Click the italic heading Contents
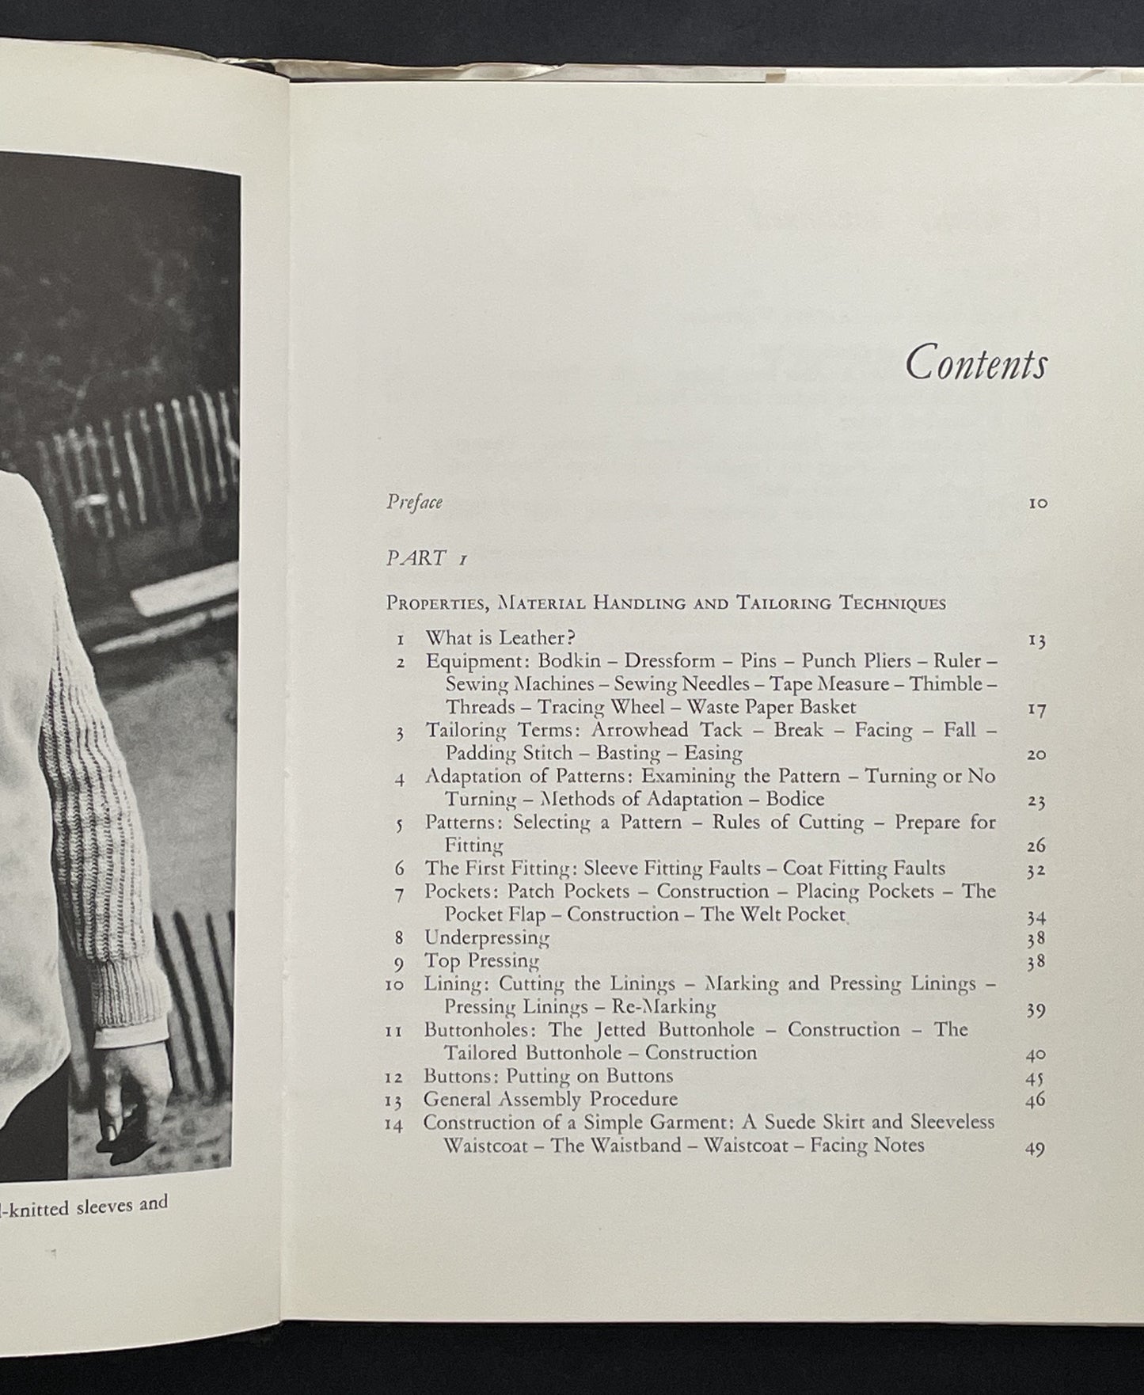click(x=975, y=364)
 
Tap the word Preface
click(x=414, y=502)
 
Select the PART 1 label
click(x=427, y=558)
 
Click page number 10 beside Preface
click(x=1038, y=503)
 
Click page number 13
click(x=1037, y=640)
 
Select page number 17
click(x=1037, y=709)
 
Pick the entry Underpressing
click(x=487, y=938)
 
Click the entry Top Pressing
click(x=481, y=961)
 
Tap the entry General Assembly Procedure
click(x=550, y=1100)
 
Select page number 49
click(x=1036, y=1149)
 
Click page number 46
click(x=1036, y=1100)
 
